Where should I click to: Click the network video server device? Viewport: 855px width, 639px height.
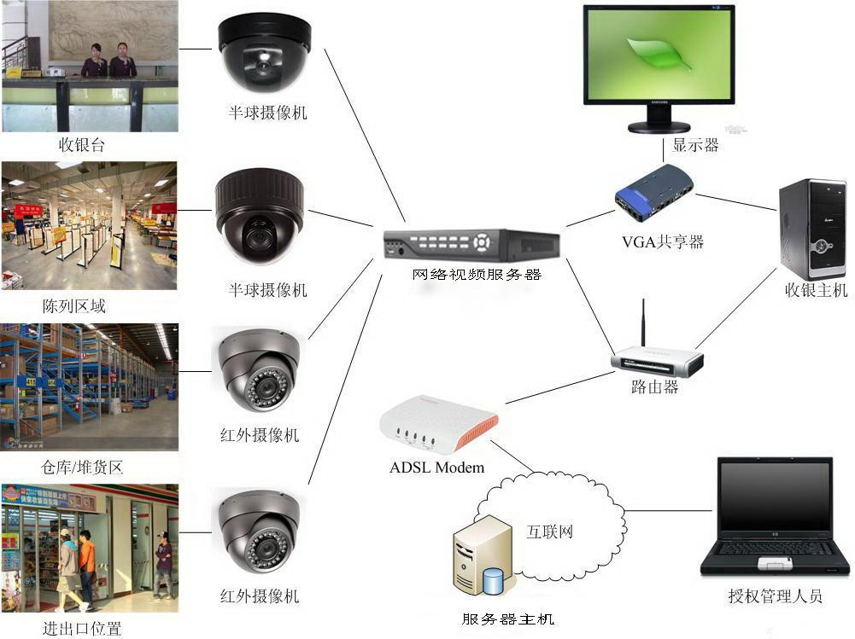tap(471, 244)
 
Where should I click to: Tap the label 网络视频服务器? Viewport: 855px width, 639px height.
tap(477, 275)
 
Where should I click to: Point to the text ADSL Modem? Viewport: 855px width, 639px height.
tap(436, 468)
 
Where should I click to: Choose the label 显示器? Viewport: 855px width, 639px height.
tap(695, 145)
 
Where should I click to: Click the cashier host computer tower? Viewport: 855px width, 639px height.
tap(812, 229)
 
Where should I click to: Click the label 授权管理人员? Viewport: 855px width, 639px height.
tap(775, 596)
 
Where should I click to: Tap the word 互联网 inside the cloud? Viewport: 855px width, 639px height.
tap(548, 532)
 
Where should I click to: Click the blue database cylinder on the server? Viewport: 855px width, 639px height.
tap(493, 581)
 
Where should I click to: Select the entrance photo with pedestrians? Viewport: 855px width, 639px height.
tap(89, 548)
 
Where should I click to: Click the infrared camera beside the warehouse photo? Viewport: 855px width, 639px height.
tap(260, 372)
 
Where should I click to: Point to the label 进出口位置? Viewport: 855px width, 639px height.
tap(82, 630)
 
